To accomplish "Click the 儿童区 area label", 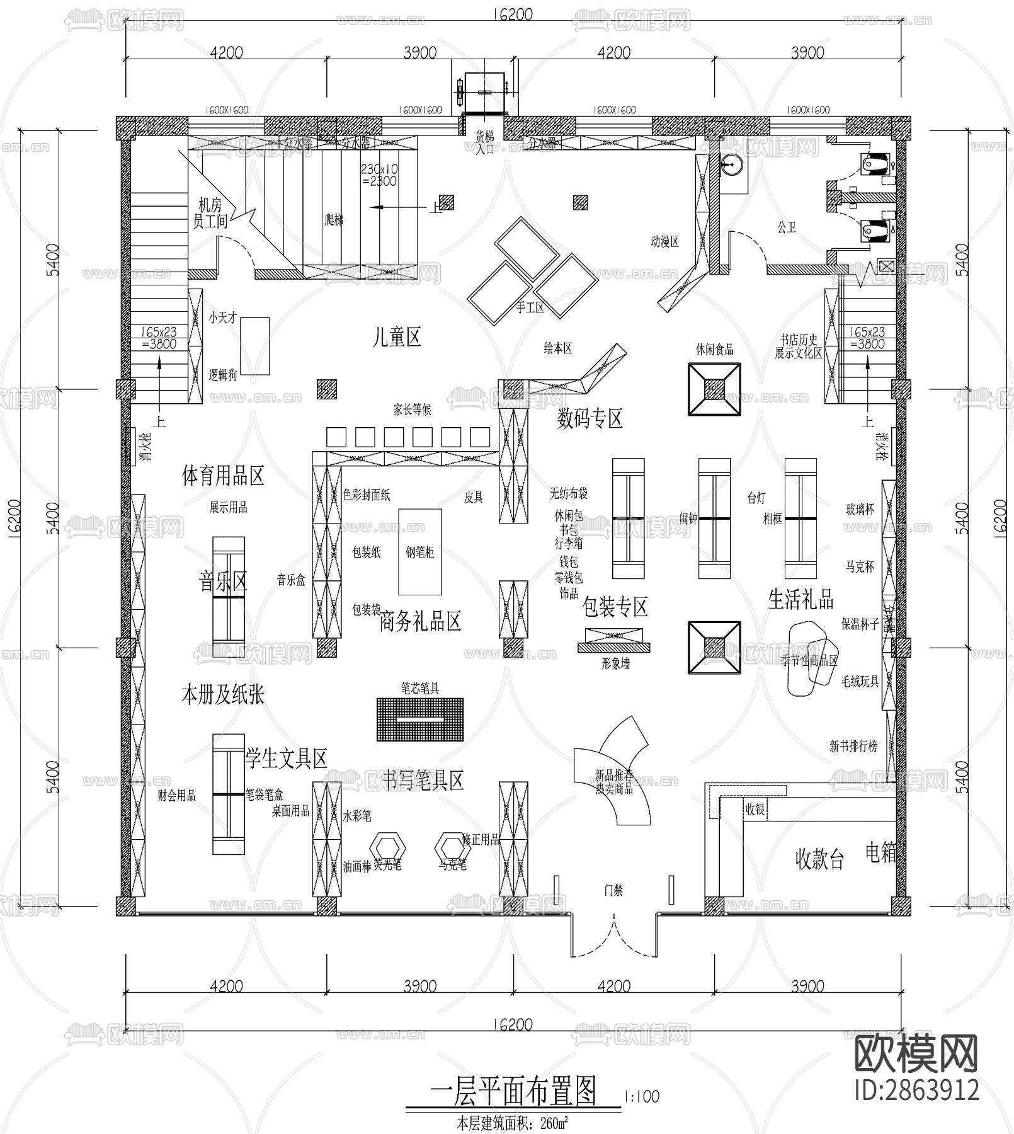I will [x=396, y=338].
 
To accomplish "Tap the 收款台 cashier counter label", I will [x=819, y=859].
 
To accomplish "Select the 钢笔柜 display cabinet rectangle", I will [x=420, y=552].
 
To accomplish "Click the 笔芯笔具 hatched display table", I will [x=420, y=718].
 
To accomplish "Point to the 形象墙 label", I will [x=615, y=663].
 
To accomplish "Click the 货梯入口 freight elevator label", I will [x=485, y=142].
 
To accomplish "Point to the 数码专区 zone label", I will [x=590, y=418].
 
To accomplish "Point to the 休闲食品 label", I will [x=714, y=349].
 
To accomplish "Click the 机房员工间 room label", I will [x=210, y=213].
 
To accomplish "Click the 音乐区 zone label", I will [x=223, y=581].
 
